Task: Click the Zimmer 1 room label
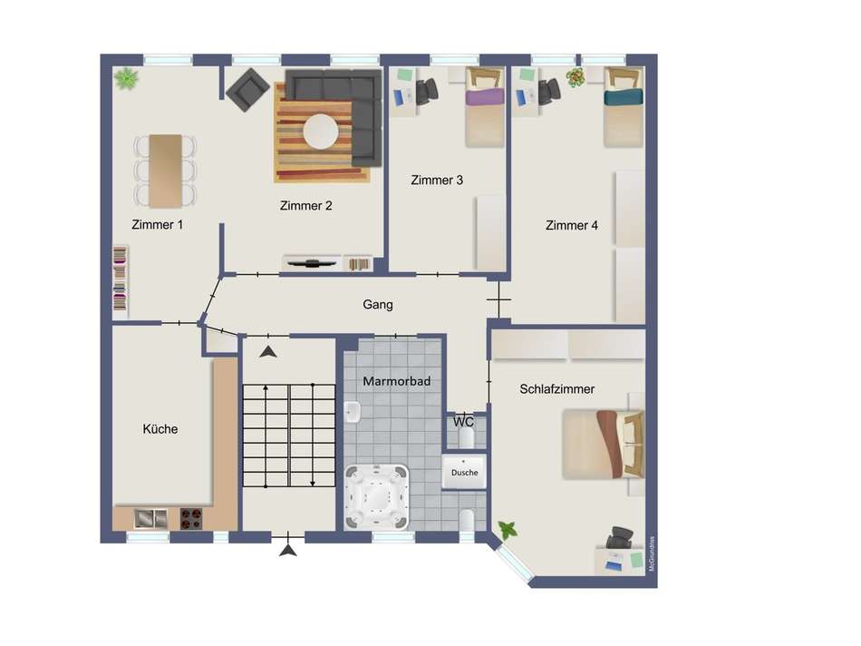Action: click(x=158, y=225)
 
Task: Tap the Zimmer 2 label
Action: click(x=305, y=205)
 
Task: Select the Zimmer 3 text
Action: click(x=437, y=180)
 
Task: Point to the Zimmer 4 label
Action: click(x=571, y=225)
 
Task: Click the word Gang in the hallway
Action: click(x=378, y=304)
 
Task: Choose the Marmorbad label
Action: click(x=390, y=381)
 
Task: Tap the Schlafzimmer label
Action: click(x=557, y=388)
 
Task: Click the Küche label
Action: click(x=160, y=428)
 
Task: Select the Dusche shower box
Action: click(x=464, y=472)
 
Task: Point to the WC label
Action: click(x=464, y=422)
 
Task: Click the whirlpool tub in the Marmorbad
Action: click(x=378, y=495)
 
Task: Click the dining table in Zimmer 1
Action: click(x=166, y=171)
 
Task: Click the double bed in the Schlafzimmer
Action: click(x=603, y=445)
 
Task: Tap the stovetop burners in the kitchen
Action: click(x=190, y=518)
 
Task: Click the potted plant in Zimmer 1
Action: click(x=126, y=80)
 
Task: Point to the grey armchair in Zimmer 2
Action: click(x=247, y=91)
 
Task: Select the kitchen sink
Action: click(x=150, y=518)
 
